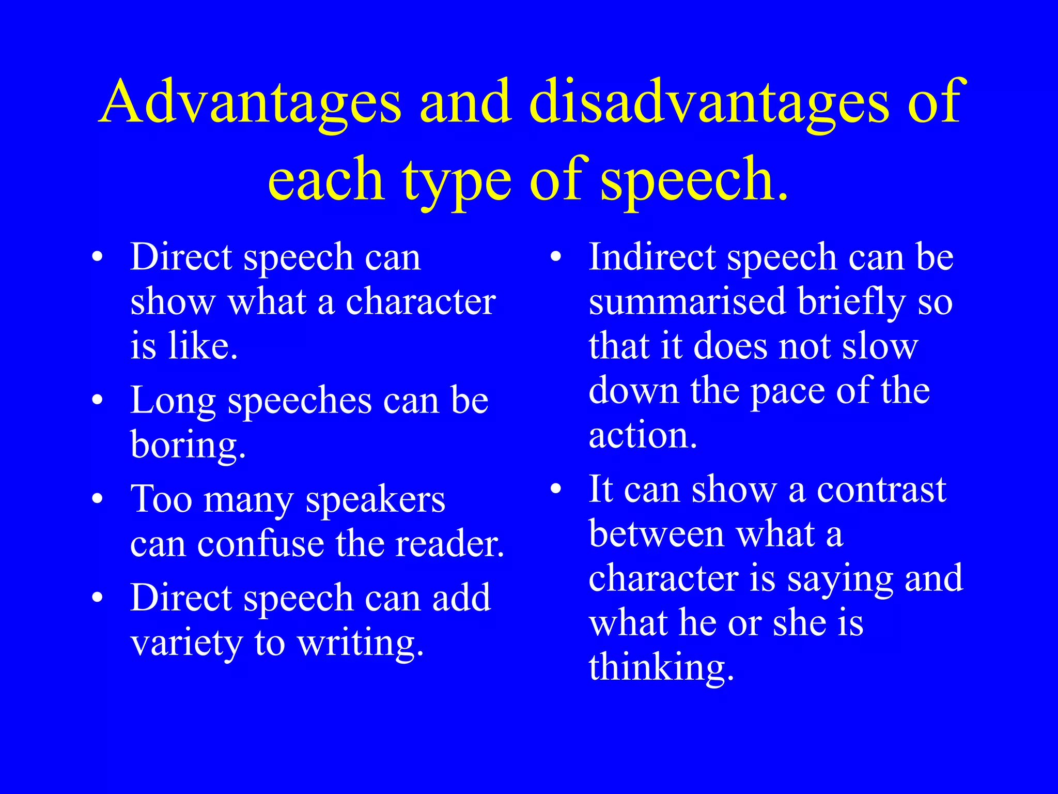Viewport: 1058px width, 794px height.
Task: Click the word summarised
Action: [x=687, y=302]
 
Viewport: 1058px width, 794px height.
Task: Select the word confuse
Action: [x=260, y=544]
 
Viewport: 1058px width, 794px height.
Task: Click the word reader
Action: [x=449, y=544]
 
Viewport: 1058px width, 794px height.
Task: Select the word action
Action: [x=642, y=436]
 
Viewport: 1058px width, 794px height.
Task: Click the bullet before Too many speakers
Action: [x=98, y=498]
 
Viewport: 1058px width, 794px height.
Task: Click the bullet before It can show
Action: [x=556, y=488]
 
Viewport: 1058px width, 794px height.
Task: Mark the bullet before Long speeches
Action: [x=98, y=400]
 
